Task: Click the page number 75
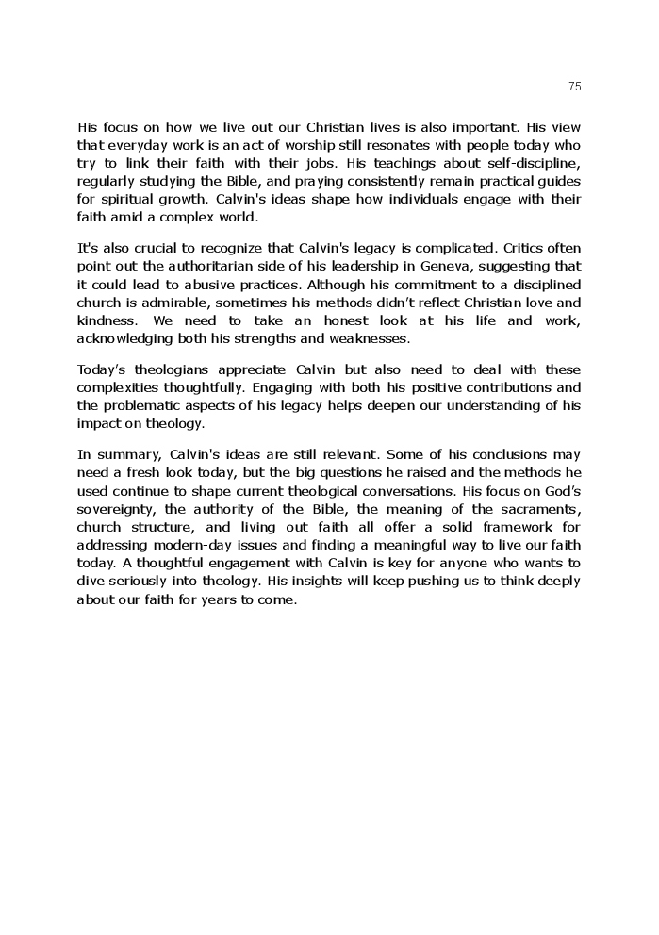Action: coord(575,87)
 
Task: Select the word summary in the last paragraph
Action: coord(125,454)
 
